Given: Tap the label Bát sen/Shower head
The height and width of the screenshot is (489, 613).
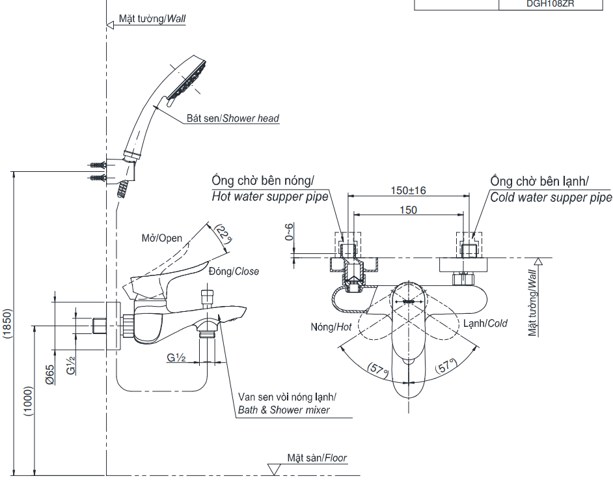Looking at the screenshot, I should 232,119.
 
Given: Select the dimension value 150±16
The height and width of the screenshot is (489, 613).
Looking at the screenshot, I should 408,190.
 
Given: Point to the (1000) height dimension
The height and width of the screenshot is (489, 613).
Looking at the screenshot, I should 28,401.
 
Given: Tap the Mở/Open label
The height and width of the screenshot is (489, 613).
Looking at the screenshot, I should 162,238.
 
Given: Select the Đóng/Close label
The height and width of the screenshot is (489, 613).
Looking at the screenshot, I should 234,271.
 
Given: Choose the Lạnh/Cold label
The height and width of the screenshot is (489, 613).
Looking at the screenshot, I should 484,323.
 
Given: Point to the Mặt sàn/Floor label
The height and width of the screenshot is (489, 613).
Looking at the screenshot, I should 317,458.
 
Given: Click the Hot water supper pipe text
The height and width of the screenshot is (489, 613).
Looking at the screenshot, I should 270,197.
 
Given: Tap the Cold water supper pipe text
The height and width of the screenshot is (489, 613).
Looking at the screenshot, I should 551,197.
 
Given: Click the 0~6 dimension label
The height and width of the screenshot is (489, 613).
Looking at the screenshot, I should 290,232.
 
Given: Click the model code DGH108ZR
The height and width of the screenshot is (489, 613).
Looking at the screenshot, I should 554,4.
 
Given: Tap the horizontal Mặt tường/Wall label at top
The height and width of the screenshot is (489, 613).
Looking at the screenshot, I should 152,18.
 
